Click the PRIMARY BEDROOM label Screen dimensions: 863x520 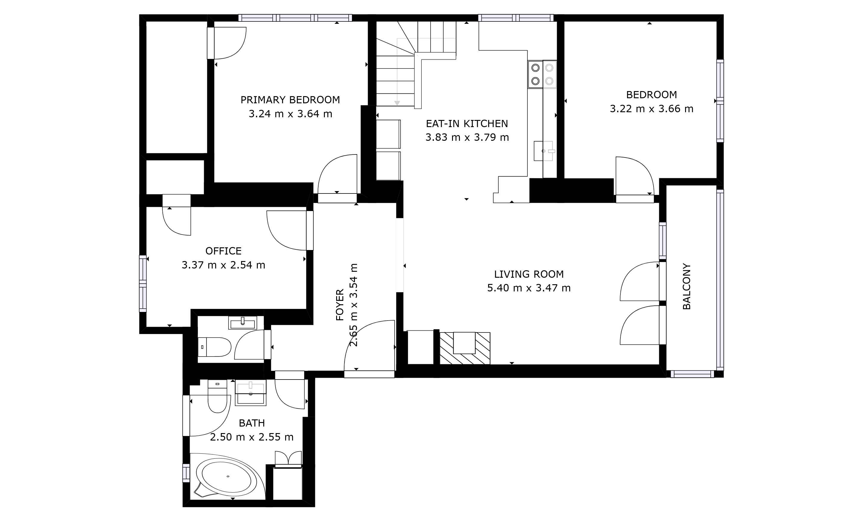(x=290, y=100)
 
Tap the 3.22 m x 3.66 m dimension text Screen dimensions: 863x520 (x=651, y=109)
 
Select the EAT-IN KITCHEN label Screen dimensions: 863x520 (x=467, y=124)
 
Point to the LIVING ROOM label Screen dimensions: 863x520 (x=529, y=274)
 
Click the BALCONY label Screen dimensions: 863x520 (x=687, y=286)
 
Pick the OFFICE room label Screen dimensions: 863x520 (x=223, y=251)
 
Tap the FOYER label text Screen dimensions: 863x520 (x=340, y=305)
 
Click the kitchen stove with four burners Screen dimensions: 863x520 (x=542, y=74)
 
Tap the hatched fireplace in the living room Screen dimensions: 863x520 (x=465, y=348)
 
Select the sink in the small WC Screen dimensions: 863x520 (x=243, y=322)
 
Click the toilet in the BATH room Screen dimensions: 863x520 (x=217, y=397)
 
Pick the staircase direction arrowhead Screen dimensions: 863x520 (x=397, y=103)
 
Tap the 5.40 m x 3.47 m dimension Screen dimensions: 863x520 (x=529, y=288)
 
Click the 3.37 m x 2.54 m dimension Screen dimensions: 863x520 (x=223, y=265)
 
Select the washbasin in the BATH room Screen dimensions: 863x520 (x=250, y=393)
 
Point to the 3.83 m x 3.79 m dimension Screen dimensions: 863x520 (x=467, y=138)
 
